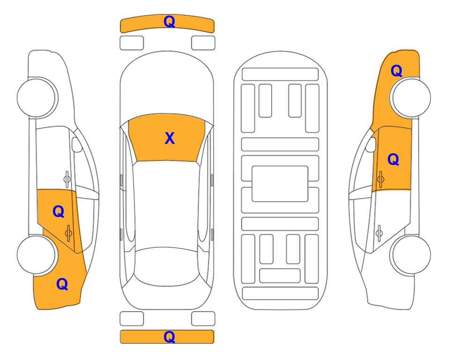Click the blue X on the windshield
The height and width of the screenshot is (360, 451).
point(170,138)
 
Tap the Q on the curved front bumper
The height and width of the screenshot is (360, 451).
point(169,21)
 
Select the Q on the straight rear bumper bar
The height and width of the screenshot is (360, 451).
point(169,337)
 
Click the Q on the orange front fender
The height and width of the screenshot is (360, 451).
point(396,71)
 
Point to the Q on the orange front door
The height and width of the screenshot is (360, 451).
point(393,159)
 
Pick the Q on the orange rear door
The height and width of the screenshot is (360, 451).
point(59,212)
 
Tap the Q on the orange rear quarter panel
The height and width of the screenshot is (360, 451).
point(62,284)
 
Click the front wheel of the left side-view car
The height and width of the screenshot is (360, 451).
point(37,97)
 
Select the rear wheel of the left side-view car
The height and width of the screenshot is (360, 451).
point(37,255)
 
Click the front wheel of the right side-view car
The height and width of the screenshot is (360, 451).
point(411,97)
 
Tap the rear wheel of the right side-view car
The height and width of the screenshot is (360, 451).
point(411,255)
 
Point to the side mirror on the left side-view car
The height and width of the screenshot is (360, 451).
point(76,144)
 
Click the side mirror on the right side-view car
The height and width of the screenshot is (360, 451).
point(371,144)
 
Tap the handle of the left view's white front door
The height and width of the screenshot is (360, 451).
point(67,179)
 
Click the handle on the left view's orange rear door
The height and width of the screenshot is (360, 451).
point(68,232)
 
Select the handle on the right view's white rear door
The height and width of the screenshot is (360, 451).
point(379,232)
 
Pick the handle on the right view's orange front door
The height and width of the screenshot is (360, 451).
point(381,179)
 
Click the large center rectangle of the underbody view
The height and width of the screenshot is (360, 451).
point(280,184)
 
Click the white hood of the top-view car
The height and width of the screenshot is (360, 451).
point(167,86)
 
